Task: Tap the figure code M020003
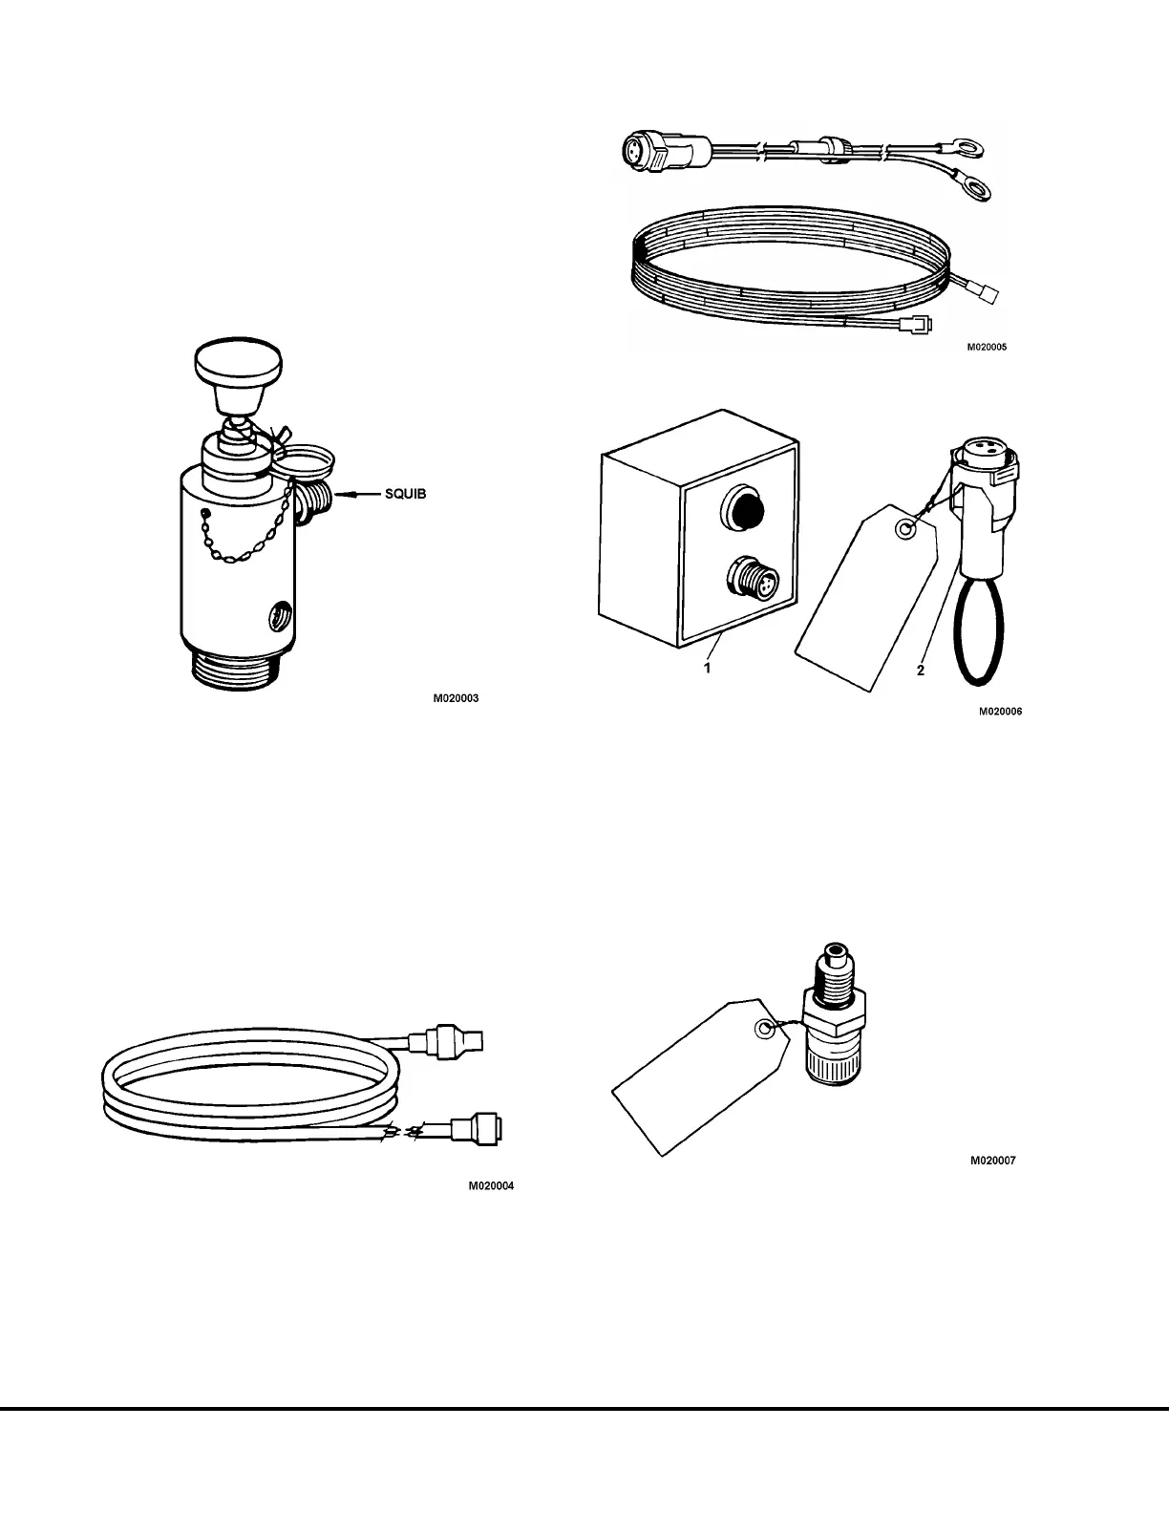coord(456,698)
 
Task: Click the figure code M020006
coord(1000,711)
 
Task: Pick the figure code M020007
coord(993,1161)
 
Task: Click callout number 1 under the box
coord(707,669)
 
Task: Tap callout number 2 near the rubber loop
coord(921,671)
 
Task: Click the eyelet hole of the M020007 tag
coord(762,1030)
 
